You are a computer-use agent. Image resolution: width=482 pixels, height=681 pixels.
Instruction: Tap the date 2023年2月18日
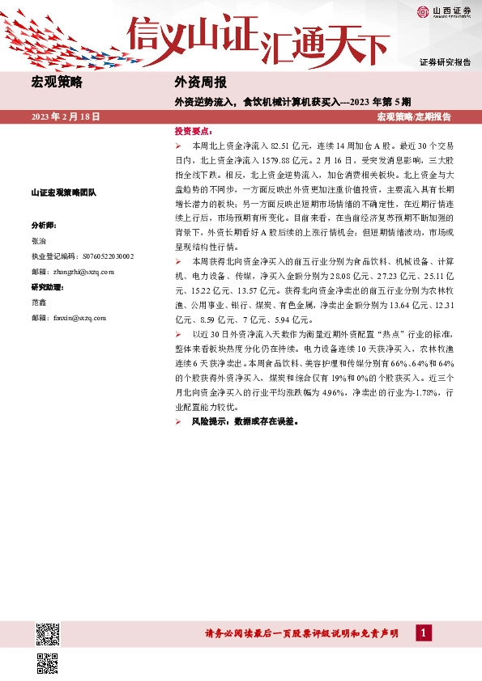(66, 117)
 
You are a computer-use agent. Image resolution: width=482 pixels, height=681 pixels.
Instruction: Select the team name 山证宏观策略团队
(63, 192)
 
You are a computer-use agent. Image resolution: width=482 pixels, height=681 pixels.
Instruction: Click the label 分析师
(43, 224)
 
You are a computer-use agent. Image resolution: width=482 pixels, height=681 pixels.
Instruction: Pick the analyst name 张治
(39, 240)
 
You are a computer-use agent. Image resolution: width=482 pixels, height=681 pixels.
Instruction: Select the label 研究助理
(47, 287)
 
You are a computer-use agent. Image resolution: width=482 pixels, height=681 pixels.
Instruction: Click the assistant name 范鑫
(39, 302)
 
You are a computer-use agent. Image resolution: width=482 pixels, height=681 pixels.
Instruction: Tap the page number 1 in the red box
(423, 633)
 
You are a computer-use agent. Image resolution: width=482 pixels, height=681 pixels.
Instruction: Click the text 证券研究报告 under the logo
(445, 61)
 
